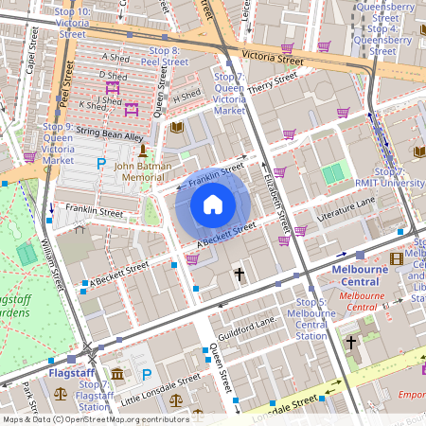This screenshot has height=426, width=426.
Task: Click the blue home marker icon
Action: [x=213, y=204]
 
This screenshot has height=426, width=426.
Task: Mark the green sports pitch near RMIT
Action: [x=333, y=174]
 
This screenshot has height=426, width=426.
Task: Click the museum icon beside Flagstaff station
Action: [x=116, y=376]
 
